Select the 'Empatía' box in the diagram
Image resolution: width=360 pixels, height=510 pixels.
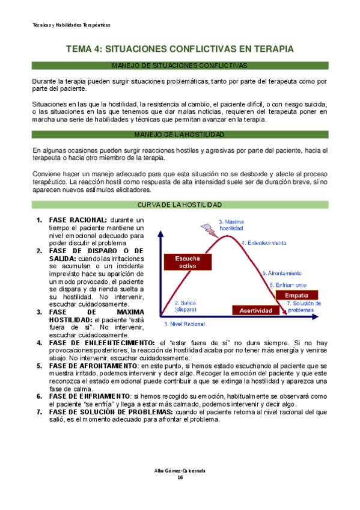pos(297,295)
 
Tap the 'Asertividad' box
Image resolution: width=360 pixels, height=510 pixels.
pos(256,310)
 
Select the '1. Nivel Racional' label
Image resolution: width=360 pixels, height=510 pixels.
pos(185,324)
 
